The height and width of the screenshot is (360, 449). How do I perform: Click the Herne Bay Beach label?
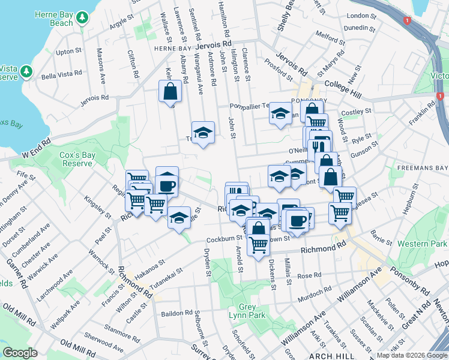53,18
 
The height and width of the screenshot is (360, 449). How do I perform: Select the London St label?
360,16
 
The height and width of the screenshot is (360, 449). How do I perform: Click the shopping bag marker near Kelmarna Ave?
170,92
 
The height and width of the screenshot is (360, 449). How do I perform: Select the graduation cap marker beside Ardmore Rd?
203,133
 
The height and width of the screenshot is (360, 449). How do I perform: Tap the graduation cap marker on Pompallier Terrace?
280,113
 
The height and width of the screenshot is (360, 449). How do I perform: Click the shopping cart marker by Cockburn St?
258,244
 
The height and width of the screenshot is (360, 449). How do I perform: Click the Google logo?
20,353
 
